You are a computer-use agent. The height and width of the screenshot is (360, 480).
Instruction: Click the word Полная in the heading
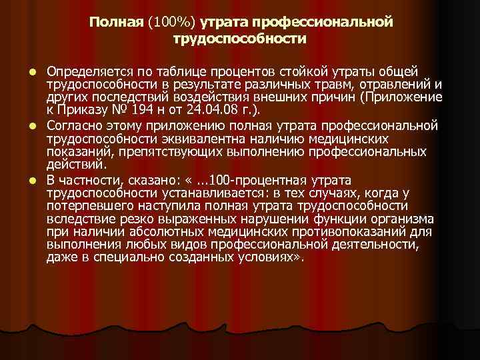point(115,23)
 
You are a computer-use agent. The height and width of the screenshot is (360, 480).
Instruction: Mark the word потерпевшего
point(89,206)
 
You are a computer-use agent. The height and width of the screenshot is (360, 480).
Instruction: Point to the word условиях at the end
point(275,258)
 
